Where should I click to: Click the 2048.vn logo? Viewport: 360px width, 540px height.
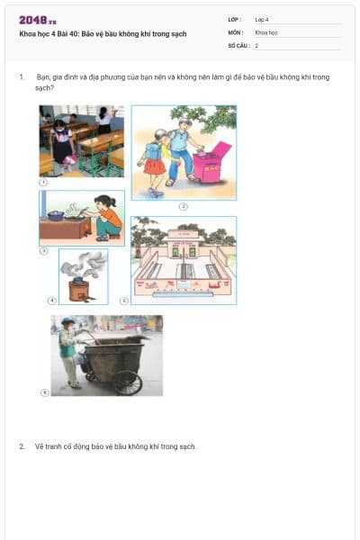[38, 20]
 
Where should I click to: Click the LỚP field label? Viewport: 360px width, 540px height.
[234, 19]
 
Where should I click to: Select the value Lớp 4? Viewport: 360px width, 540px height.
[262, 19]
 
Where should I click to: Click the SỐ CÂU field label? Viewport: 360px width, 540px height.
[238, 44]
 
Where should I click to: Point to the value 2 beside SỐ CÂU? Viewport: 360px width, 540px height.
[256, 44]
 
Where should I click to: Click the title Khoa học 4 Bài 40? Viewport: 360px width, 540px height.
[103, 33]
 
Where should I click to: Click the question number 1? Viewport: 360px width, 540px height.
[21, 77]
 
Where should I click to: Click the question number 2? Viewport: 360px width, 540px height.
[21, 446]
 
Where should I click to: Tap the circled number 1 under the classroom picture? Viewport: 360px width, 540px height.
[43, 182]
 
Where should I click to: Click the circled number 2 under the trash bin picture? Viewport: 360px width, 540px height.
[183, 205]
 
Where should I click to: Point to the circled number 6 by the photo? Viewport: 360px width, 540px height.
[44, 391]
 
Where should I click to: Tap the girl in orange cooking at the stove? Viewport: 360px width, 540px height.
[108, 218]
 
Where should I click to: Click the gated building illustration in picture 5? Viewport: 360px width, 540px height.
[184, 260]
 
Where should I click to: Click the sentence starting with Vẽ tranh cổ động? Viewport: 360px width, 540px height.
[115, 446]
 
